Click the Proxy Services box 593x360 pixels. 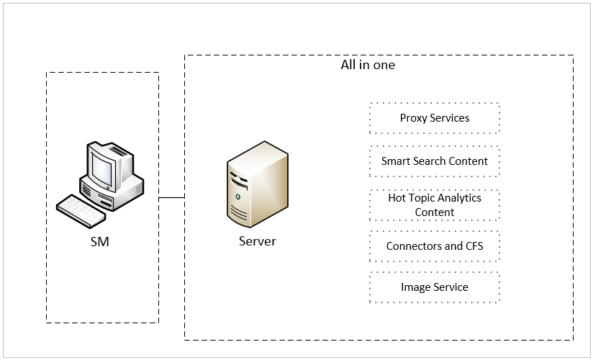(x=434, y=118)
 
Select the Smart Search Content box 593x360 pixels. (x=434, y=161)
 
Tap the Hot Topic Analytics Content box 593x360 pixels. (x=434, y=204)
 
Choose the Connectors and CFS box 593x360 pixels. (x=434, y=246)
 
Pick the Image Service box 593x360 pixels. (x=434, y=287)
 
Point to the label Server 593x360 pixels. (x=257, y=241)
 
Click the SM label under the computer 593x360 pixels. (x=100, y=242)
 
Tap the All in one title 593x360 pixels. (x=368, y=65)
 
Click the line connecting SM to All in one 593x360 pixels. (x=171, y=197)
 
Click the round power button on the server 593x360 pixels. (x=237, y=196)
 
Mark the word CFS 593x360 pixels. (x=473, y=246)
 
